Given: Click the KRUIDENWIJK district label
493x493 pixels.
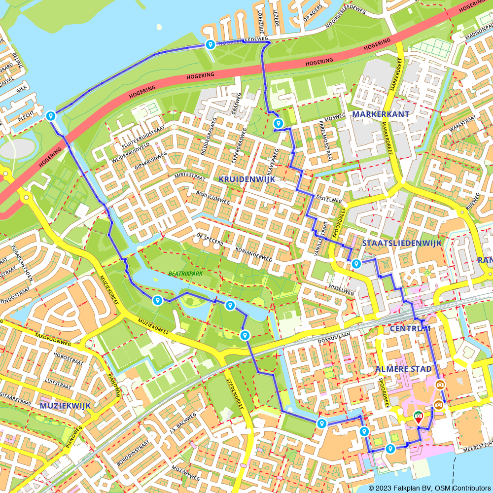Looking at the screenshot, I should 246,178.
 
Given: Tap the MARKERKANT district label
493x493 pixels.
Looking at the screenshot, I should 382,114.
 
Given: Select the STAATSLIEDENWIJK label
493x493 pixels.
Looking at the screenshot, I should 402,243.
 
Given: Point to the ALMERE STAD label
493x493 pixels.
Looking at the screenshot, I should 403,369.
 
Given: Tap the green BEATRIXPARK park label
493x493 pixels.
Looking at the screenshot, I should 185,273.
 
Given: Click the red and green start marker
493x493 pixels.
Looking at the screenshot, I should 418,418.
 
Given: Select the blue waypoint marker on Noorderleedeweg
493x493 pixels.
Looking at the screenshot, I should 211,45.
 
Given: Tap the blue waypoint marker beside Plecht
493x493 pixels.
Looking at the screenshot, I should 50,116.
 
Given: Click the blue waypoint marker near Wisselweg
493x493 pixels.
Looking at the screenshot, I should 356,264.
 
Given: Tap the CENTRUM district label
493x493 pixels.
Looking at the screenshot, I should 410,328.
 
